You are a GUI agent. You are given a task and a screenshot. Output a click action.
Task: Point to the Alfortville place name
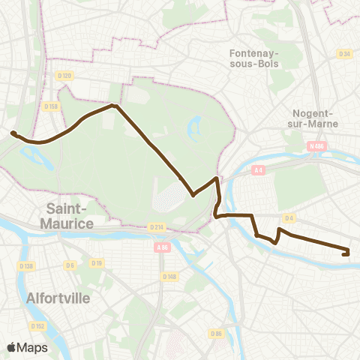58,298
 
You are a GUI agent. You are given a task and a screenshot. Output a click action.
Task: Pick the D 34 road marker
344,54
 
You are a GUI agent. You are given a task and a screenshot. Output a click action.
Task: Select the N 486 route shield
316,147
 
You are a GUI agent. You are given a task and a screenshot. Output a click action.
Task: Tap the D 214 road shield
156,226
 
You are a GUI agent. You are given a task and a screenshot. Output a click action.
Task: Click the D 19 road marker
96,262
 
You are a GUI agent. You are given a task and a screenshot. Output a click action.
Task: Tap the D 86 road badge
217,333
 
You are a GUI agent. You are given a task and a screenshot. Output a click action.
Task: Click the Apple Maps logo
28,347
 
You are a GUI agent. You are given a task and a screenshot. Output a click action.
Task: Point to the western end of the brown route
13,133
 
